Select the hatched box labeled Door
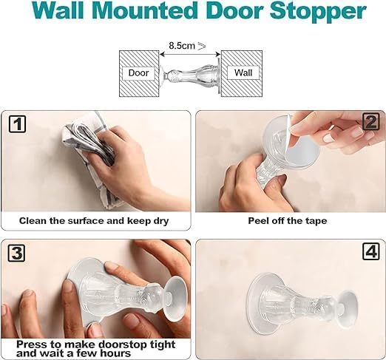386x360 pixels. pos(138,72)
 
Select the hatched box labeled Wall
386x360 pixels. pos(243,72)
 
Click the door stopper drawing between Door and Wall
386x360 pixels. pos(189,73)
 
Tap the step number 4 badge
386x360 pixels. pos(370,252)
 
